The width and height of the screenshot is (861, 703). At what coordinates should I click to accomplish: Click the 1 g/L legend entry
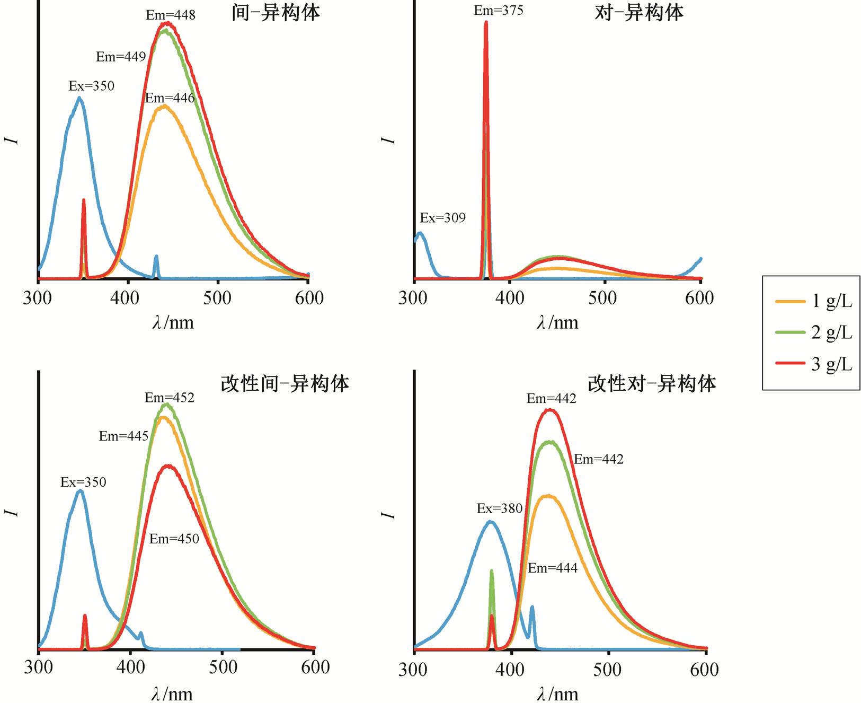point(814,301)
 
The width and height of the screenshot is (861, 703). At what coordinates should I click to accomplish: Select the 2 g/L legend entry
point(814,332)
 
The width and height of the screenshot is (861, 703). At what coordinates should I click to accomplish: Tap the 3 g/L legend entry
point(814,364)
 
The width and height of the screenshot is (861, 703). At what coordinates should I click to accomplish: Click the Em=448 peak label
point(171,15)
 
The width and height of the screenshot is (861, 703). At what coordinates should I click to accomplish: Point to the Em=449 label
point(121,57)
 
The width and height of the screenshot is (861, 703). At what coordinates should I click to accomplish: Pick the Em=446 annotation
point(170,98)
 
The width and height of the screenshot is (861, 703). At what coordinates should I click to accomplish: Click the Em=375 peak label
point(498,11)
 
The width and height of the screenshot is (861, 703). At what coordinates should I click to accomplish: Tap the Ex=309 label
point(442,218)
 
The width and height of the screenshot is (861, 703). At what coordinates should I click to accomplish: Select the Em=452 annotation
point(170,398)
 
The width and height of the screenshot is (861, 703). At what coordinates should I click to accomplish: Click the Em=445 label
point(123,436)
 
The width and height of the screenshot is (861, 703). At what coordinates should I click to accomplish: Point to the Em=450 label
point(174,539)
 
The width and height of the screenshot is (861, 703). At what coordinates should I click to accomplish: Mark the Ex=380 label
point(500,509)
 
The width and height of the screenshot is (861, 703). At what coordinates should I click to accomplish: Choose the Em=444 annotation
point(553,568)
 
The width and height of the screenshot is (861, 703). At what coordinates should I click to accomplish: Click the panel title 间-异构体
point(276,13)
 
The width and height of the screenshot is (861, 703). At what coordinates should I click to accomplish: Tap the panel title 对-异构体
point(639,13)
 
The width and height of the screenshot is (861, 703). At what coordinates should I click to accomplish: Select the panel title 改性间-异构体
point(285,383)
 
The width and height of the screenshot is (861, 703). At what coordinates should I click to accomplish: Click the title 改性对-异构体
point(652,383)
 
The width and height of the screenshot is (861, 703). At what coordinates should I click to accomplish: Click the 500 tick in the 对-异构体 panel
point(602,298)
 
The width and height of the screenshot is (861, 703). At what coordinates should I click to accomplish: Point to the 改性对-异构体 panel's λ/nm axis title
point(557,693)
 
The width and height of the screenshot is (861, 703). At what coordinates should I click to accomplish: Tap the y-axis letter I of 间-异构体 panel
point(12,140)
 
